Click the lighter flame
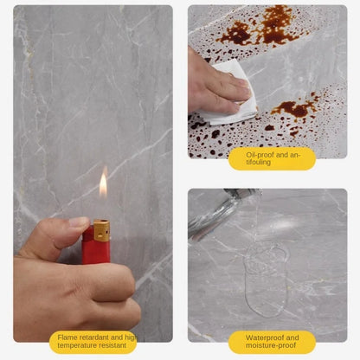click(103, 184)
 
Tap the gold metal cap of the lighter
click(101, 230)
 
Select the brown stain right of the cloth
click(293, 109)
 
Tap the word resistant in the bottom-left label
click(116, 346)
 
